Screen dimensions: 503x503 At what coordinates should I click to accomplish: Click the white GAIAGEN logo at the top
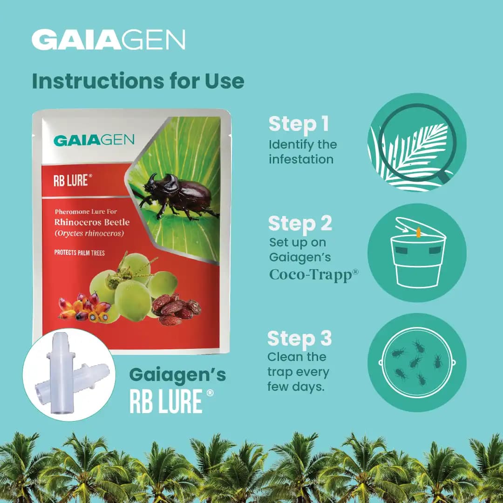coord(108,40)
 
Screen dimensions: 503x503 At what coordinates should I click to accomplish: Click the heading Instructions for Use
coord(138,81)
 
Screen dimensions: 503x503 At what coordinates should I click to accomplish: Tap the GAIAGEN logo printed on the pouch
coord(94,140)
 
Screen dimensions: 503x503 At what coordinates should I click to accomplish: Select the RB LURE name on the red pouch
coord(70,181)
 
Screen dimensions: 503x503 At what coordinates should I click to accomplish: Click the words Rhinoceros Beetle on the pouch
coord(92,222)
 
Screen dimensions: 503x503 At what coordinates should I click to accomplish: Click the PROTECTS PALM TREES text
coord(79,253)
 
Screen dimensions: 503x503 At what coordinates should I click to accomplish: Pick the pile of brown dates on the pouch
coord(177,309)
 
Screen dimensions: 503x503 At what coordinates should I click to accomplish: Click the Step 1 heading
coord(299,124)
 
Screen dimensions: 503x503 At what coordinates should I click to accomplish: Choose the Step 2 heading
coord(300,224)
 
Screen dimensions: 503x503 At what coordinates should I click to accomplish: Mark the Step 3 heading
coord(299,339)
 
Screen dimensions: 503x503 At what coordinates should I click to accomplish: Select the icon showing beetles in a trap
coord(417,362)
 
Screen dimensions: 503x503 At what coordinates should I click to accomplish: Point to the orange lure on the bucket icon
coord(419,231)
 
